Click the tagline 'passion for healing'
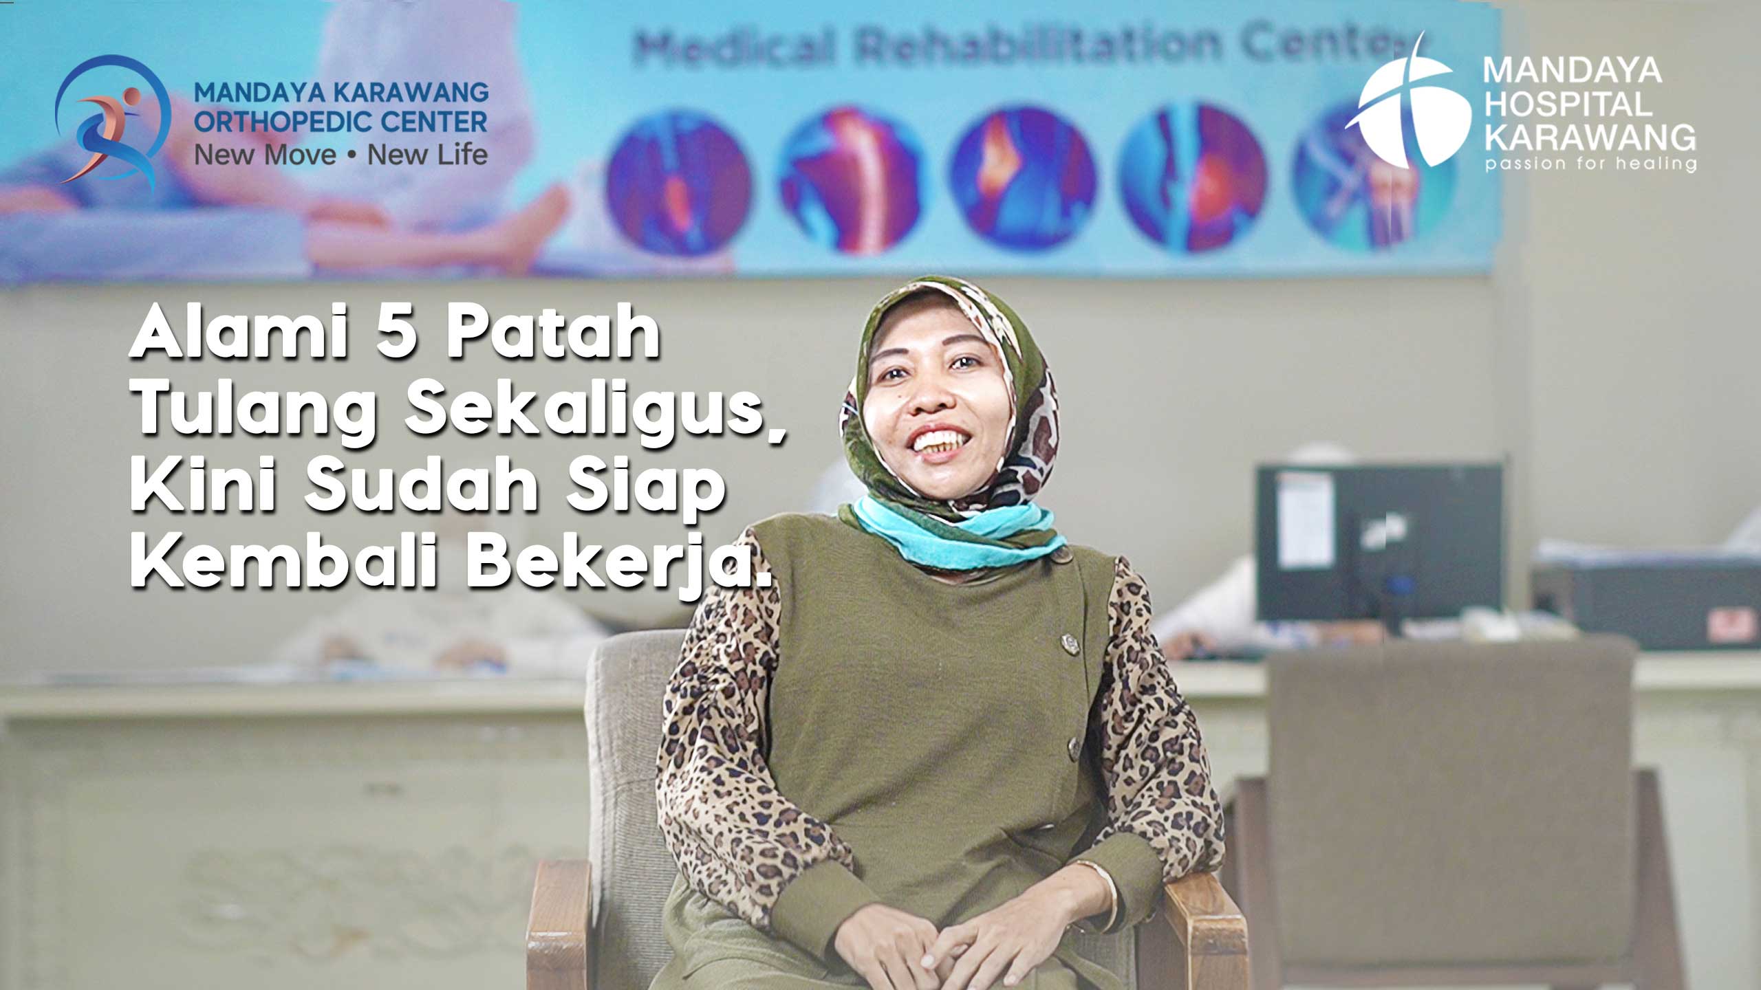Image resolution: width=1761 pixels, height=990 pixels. tap(1589, 164)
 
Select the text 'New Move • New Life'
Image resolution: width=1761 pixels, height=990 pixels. tap(341, 155)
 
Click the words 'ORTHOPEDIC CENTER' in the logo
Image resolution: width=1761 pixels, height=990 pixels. tap(341, 122)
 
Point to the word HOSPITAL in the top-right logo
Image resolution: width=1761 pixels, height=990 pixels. tap(1568, 104)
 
